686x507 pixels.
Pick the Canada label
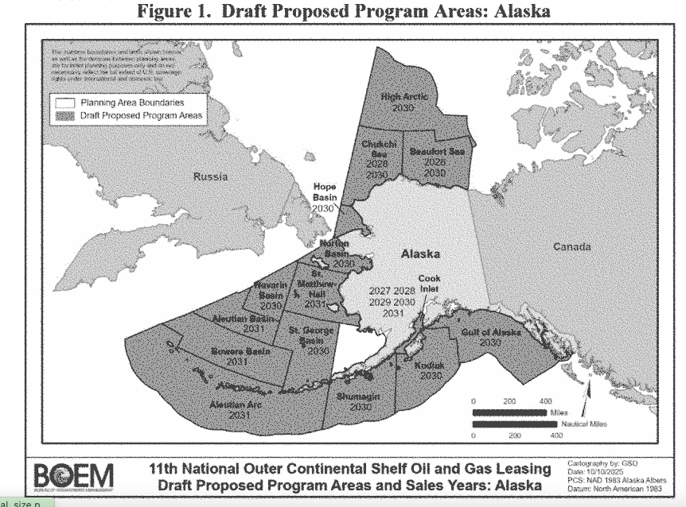click(572, 246)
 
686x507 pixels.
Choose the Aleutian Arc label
click(239, 408)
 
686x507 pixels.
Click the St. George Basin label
click(305, 339)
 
